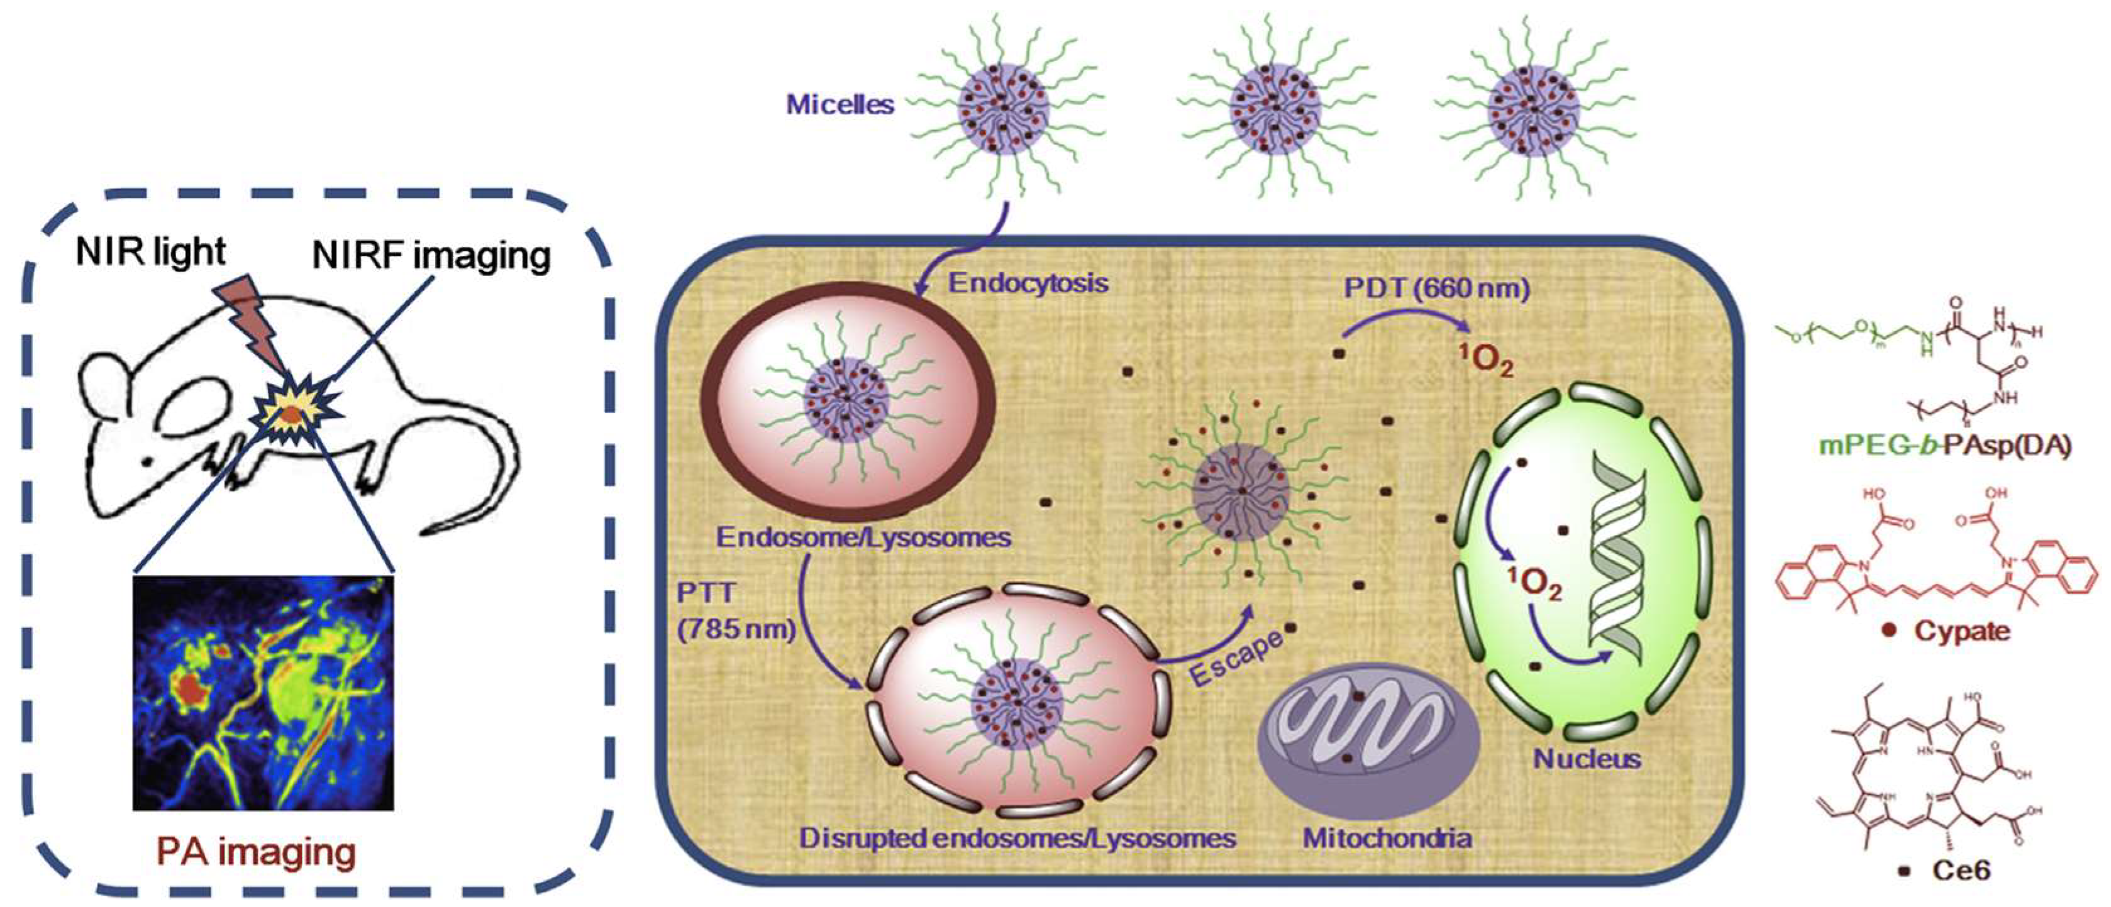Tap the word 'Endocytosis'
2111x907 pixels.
pos(1028,283)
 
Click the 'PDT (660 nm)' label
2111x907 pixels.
pos(1436,289)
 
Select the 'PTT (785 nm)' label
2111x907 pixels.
pos(735,611)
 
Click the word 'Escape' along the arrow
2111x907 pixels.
pos(1235,659)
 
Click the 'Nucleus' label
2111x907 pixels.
pos(1587,759)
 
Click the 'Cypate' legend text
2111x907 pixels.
pos(1961,631)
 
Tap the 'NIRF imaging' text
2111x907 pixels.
pos(431,256)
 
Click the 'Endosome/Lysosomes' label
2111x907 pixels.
pos(863,537)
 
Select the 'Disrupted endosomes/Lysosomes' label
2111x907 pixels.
pos(1017,838)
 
